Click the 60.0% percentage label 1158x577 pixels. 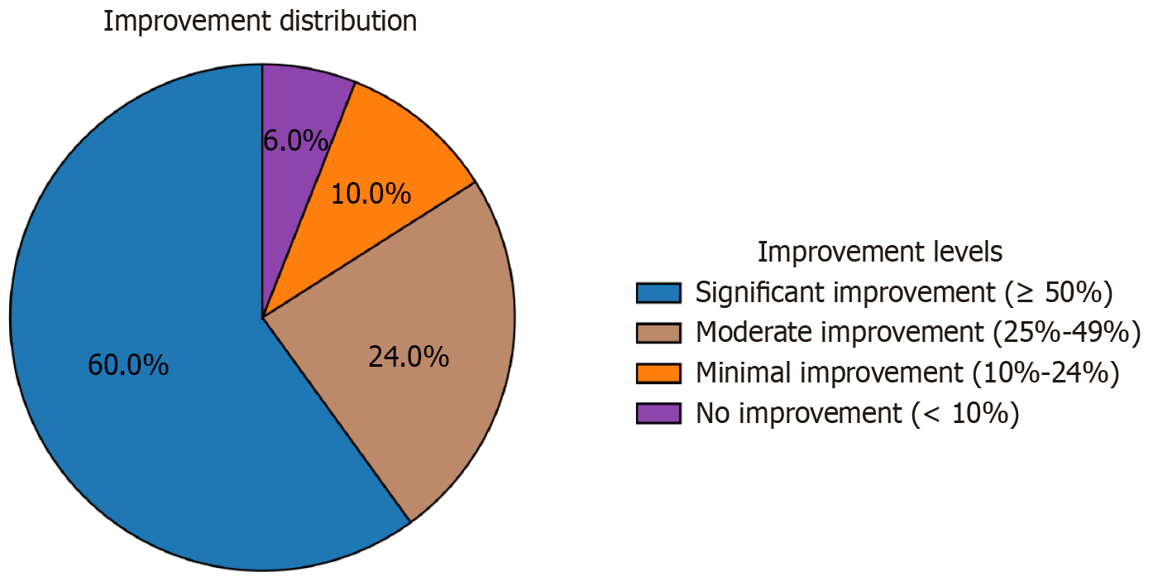click(x=128, y=365)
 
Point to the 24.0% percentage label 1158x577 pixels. click(x=408, y=358)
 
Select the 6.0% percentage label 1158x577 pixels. click(x=295, y=142)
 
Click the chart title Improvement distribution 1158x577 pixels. click(x=260, y=22)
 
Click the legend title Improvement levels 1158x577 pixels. click(x=880, y=251)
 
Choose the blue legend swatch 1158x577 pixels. click(x=658, y=292)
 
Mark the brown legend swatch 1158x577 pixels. click(x=658, y=333)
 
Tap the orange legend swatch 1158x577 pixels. click(x=658, y=373)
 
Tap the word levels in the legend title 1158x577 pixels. click(x=963, y=251)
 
